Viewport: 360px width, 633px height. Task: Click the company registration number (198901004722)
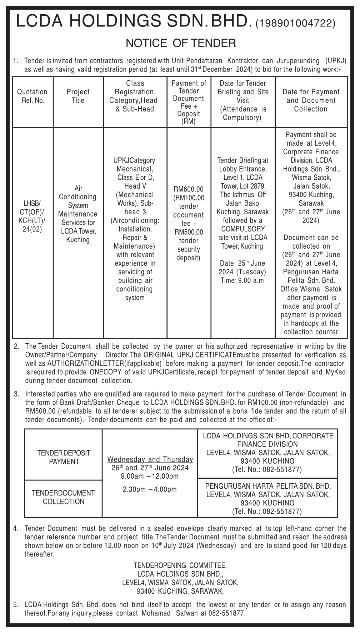click(x=296, y=24)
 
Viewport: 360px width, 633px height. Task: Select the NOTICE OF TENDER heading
click(x=181, y=43)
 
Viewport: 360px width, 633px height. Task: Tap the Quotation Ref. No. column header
click(x=32, y=96)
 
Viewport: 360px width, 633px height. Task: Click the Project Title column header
click(x=78, y=96)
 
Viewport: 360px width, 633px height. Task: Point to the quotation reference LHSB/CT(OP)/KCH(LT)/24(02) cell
click(x=32, y=216)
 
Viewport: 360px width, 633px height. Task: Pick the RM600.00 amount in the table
click(x=189, y=189)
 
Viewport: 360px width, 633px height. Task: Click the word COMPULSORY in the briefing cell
click(x=243, y=229)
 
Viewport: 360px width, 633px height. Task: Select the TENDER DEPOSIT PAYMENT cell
click(x=64, y=457)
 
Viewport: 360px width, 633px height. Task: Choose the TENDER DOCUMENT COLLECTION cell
click(x=64, y=497)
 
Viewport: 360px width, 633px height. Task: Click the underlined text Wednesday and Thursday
click(x=150, y=459)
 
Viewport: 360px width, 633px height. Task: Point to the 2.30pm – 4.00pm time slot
click(x=150, y=489)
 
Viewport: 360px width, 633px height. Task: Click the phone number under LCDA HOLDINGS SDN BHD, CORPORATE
click(x=267, y=469)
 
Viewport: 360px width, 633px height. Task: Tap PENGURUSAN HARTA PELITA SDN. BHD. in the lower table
click(x=268, y=486)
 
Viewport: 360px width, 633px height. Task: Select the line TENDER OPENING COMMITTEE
click(x=180, y=565)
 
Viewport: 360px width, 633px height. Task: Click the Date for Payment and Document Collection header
click(x=311, y=100)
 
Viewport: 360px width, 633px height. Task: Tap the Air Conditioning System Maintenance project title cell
click(x=78, y=214)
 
